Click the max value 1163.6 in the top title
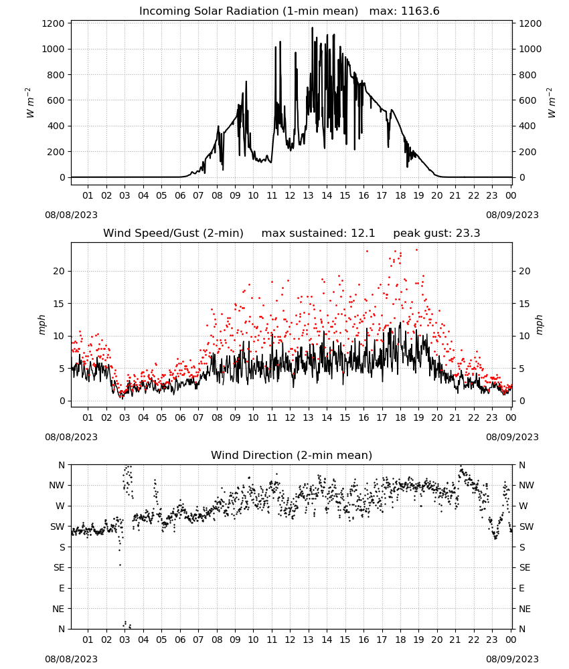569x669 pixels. (x=420, y=11)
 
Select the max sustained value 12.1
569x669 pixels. (x=363, y=233)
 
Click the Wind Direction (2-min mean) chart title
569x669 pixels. (x=292, y=455)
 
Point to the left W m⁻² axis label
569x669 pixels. (x=31, y=102)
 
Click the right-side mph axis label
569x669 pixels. (x=539, y=324)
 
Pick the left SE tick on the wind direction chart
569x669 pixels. (x=59, y=567)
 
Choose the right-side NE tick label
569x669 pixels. (x=525, y=609)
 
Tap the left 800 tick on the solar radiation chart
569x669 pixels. (x=56, y=75)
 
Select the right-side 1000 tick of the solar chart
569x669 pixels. (x=530, y=49)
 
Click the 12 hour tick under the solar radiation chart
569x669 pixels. (x=290, y=195)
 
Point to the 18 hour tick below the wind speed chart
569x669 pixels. (x=400, y=417)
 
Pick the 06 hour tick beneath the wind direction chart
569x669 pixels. (x=180, y=640)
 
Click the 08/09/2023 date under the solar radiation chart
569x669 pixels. (x=512, y=215)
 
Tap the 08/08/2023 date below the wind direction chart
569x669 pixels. (x=71, y=659)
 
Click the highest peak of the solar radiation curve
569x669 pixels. (x=312, y=28)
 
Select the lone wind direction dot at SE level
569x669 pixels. (x=120, y=565)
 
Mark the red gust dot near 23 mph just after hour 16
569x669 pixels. (x=367, y=252)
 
